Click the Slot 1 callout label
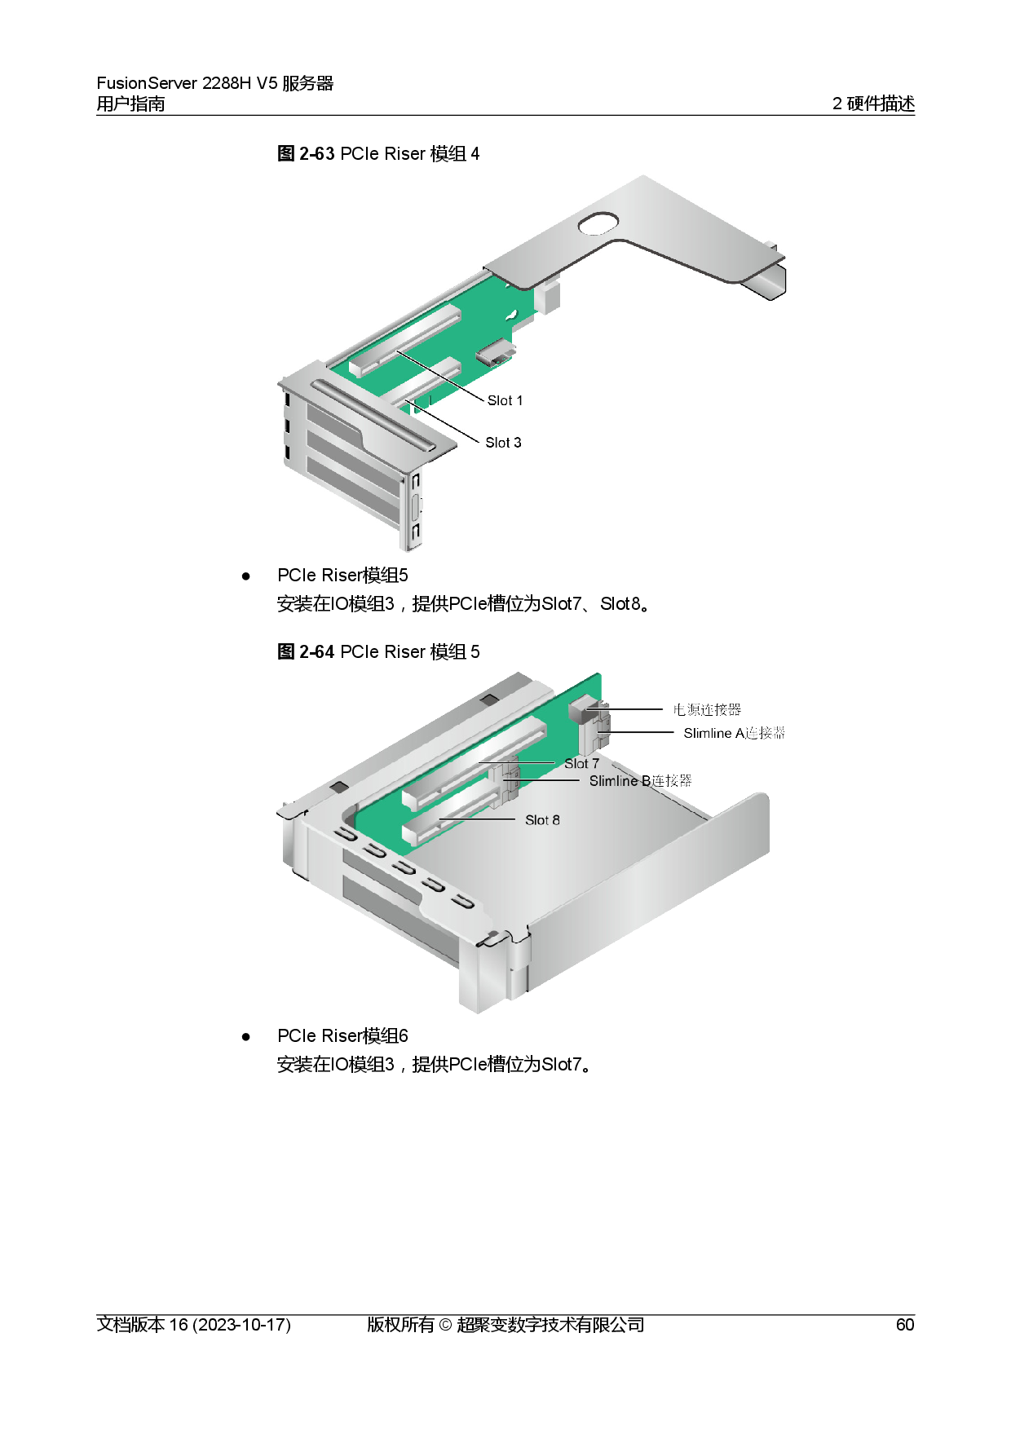point(505,400)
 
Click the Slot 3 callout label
point(503,443)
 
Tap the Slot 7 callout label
point(581,764)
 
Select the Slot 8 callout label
point(542,820)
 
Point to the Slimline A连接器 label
point(734,733)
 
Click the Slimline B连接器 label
point(640,781)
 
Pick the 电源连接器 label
point(707,709)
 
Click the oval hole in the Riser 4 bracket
point(598,223)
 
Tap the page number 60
point(905,1325)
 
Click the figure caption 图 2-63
point(306,153)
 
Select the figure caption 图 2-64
point(306,651)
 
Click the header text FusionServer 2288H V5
point(188,83)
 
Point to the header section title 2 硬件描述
point(873,104)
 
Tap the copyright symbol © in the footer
point(445,1325)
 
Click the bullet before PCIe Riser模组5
point(245,576)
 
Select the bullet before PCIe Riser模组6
point(245,1037)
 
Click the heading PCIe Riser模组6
point(342,1036)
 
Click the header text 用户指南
point(130,104)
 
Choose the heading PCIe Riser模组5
point(342,576)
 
